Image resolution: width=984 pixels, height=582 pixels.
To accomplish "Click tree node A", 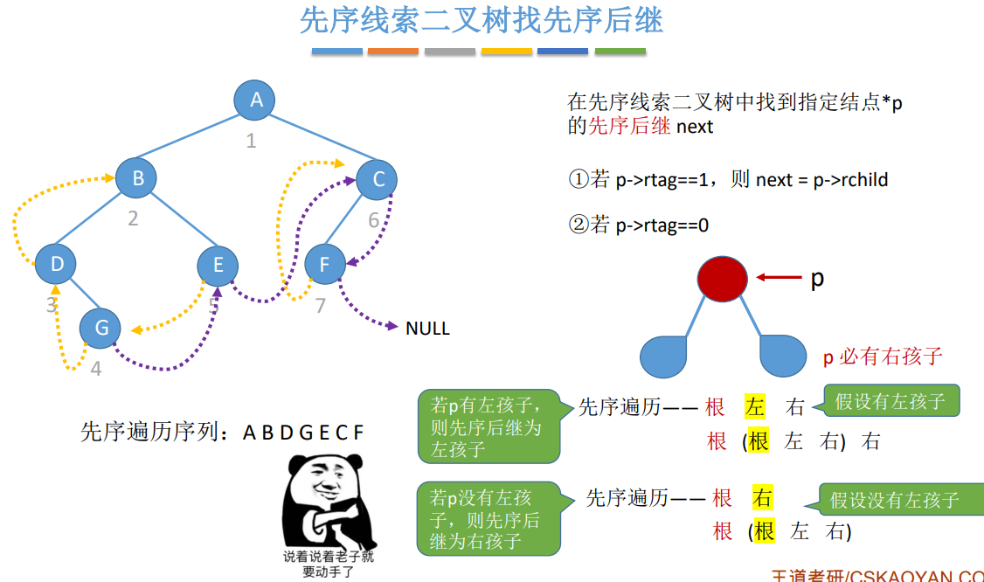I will [255, 100].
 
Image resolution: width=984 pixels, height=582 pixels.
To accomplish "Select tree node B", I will [137, 178].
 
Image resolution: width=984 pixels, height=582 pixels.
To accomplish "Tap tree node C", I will [378, 180].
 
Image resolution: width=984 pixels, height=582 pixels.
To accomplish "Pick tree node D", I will [56, 263].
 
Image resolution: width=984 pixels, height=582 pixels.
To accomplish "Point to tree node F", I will [325, 263].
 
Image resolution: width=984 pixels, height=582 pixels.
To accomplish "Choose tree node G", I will [101, 328].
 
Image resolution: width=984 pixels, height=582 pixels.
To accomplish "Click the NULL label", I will [427, 329].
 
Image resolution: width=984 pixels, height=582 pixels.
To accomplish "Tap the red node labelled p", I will [722, 279].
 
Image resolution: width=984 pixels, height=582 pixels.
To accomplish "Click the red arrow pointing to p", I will [780, 278].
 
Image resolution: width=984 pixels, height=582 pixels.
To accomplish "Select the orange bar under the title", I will [393, 52].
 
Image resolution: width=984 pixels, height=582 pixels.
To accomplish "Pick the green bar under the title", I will [620, 52].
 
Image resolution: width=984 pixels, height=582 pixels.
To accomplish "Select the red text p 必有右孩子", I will [883, 357].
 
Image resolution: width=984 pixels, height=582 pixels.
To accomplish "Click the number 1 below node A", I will [251, 141].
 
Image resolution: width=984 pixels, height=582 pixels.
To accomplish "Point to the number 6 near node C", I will [373, 220].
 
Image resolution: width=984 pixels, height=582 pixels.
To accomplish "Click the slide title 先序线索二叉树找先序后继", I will [481, 20].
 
